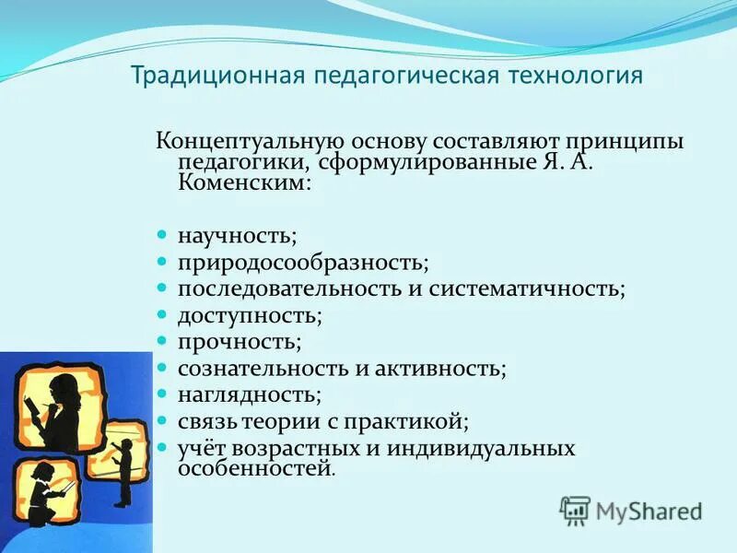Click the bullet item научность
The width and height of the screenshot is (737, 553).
pyautogui.click(x=238, y=237)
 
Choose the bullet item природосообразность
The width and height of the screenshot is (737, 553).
pyautogui.click(x=303, y=263)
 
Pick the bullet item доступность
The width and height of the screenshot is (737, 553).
pyautogui.click(x=250, y=315)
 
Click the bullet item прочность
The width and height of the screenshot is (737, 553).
pyautogui.click(x=240, y=342)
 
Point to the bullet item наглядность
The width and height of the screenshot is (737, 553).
pyautogui.click(x=250, y=395)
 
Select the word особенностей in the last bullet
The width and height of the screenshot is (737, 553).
pyautogui.click(x=254, y=468)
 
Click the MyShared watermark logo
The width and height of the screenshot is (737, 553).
pyautogui.click(x=631, y=510)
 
